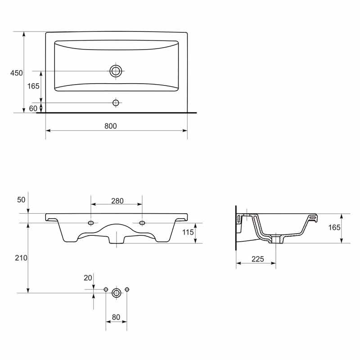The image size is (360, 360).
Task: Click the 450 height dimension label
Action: tap(17, 73)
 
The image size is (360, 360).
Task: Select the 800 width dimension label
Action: tap(111, 126)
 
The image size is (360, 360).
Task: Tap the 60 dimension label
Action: tap(33, 108)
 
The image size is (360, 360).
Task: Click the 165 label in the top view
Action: tap(33, 86)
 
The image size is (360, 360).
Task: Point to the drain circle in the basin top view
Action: tap(116, 71)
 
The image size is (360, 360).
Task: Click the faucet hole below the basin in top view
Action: tap(116, 103)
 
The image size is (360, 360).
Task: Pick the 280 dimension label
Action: tap(117, 201)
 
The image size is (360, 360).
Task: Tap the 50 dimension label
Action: tap(21, 200)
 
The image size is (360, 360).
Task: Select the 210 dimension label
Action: tap(21, 258)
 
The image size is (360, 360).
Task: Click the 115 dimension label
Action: tap(188, 232)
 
